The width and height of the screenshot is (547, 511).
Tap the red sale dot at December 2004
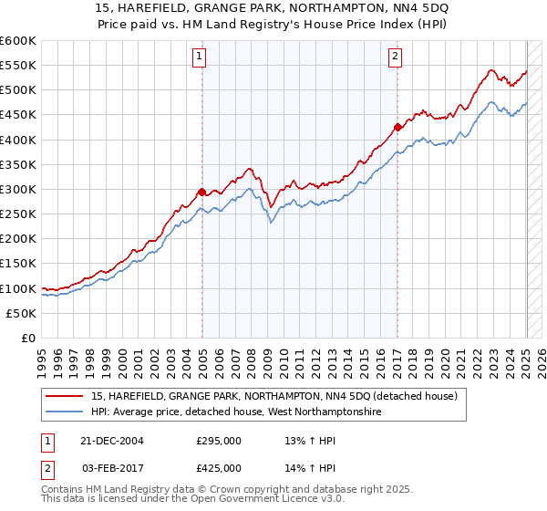pyautogui.click(x=201, y=192)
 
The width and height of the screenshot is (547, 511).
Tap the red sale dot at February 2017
pyautogui.click(x=397, y=127)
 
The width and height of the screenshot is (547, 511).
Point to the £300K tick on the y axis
pyautogui.click(x=18, y=189)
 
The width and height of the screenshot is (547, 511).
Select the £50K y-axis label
pyautogui.click(x=22, y=313)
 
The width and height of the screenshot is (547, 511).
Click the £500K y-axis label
pyautogui.click(x=18, y=89)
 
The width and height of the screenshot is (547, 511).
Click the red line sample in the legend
pyautogui.click(x=65, y=395)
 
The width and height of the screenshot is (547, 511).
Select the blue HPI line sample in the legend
pyautogui.click(x=65, y=412)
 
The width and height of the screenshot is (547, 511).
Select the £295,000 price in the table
pyautogui.click(x=220, y=440)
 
